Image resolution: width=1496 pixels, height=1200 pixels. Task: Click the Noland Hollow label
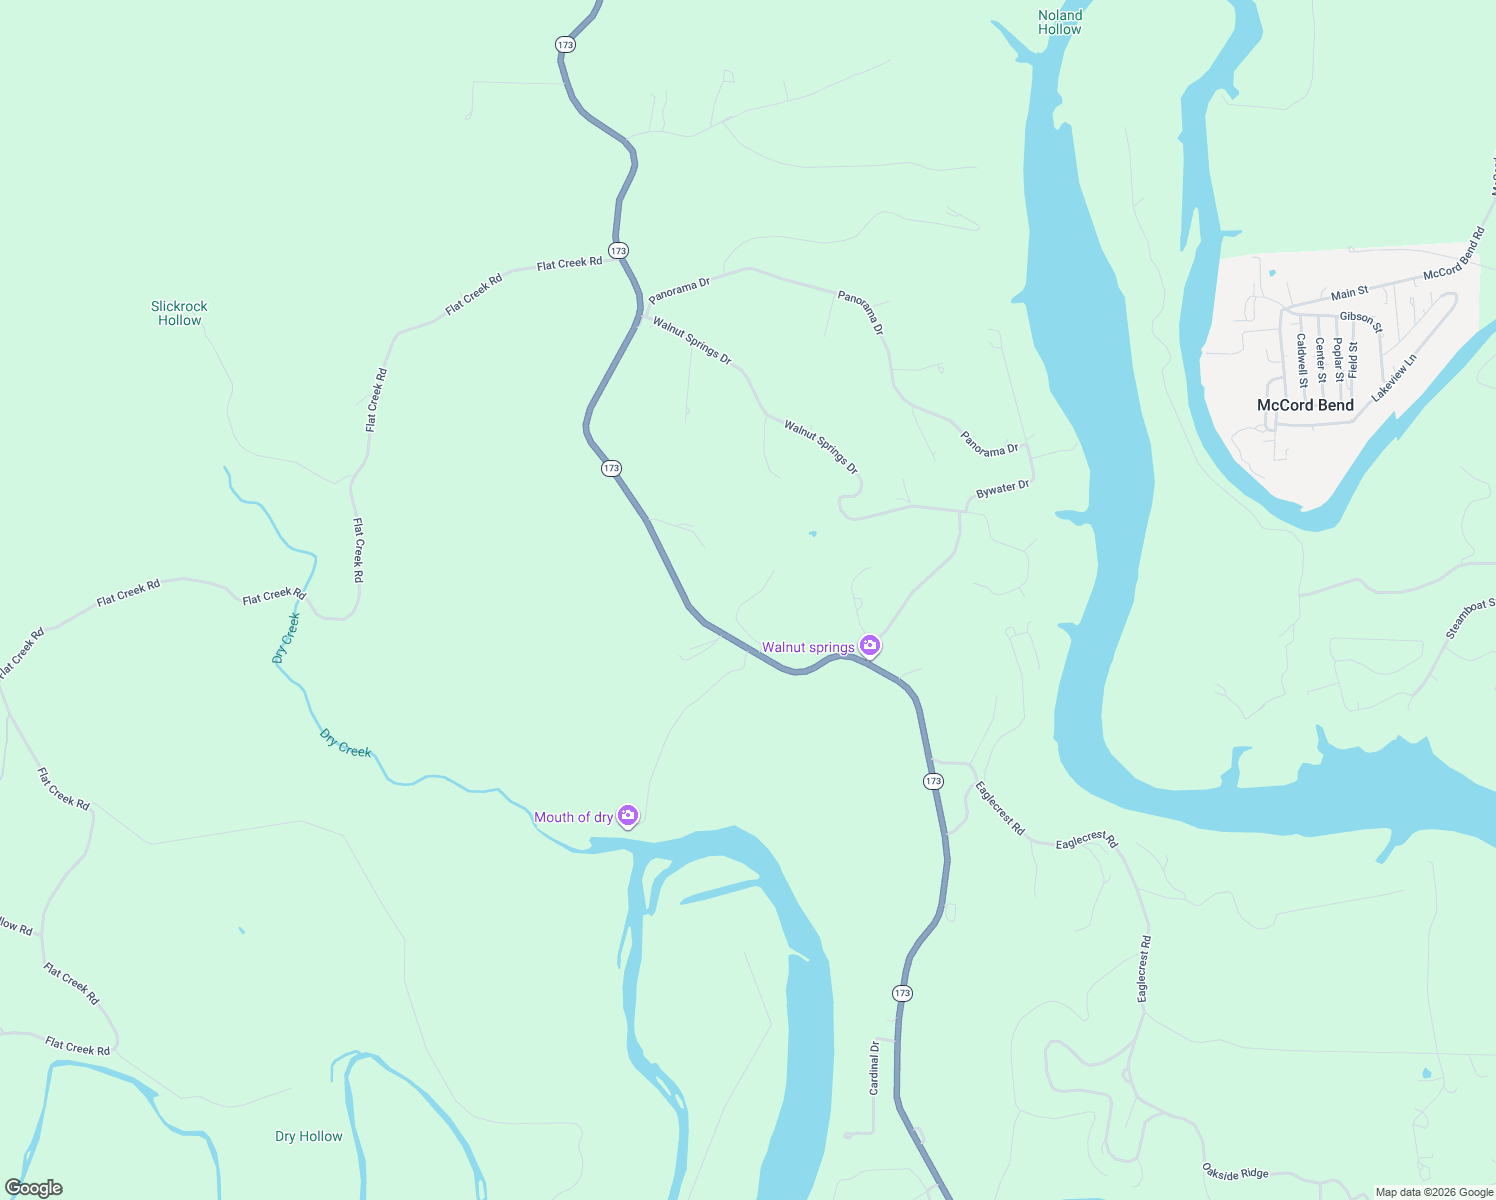pos(1060,22)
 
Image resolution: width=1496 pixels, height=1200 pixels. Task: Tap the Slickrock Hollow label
pos(180,313)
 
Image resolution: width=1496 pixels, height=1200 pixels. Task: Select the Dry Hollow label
pos(308,1136)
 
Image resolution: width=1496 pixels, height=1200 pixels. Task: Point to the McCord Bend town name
pos(1305,405)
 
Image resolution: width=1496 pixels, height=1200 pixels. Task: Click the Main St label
pos(1350,293)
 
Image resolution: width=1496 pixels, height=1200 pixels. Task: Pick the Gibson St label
pos(1361,321)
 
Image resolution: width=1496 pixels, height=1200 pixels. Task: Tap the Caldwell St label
pos(1302,360)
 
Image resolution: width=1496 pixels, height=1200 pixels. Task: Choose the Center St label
pos(1320,360)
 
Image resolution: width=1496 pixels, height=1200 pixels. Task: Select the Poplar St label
pos(1338,360)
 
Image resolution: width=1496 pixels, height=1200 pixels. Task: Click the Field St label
pos(1354,359)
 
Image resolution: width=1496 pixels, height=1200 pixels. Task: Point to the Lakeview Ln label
pos(1394,378)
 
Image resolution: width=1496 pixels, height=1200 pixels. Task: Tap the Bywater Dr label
pos(1002,489)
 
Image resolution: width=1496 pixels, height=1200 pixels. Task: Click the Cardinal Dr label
pos(874,1068)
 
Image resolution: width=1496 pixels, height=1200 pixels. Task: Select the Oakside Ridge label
pos(1235,1172)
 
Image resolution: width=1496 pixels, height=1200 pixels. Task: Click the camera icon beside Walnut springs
pos(870,646)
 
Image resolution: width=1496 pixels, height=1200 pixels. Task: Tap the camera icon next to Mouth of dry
pos(628,816)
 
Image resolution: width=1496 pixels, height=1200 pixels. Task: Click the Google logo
pos(34,1188)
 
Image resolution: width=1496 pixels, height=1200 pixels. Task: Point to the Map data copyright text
pos(1434,1192)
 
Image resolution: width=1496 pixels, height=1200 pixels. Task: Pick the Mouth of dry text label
pos(573,817)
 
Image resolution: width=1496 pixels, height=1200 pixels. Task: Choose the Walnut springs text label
pos(808,647)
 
